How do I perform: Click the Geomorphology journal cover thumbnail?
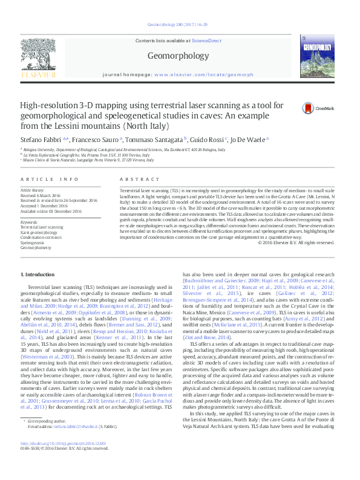tap(320, 56)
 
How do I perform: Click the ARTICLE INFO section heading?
tap(49, 180)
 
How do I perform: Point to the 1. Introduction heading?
tap(38, 275)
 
